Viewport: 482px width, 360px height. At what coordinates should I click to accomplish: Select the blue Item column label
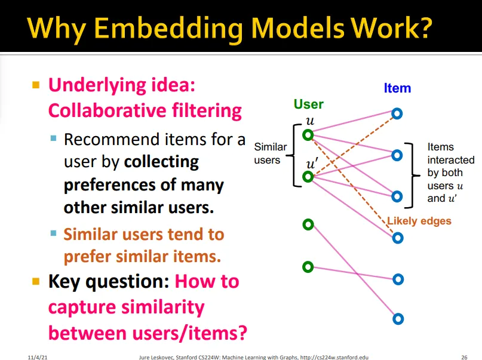(x=397, y=88)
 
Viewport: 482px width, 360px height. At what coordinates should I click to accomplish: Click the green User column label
(x=308, y=104)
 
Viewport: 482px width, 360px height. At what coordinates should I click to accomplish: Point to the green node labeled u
(x=308, y=135)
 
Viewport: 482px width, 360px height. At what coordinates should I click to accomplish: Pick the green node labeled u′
(x=308, y=177)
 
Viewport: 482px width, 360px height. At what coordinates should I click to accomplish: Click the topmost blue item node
(x=397, y=113)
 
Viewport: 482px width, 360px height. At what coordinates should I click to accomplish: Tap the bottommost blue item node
(x=398, y=318)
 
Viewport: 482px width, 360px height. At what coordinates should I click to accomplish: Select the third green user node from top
(x=308, y=224)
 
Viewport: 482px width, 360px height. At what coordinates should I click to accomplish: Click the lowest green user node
(x=308, y=266)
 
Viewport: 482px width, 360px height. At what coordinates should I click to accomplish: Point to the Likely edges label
(x=419, y=221)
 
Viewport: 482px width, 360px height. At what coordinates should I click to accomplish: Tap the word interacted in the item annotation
(x=451, y=160)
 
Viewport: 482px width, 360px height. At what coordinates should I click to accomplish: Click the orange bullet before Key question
(x=36, y=281)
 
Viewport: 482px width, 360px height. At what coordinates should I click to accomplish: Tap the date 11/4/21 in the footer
(x=36, y=356)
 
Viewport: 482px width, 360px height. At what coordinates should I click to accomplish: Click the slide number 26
(x=464, y=356)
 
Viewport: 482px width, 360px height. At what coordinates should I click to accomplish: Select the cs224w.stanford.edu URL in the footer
(x=334, y=356)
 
